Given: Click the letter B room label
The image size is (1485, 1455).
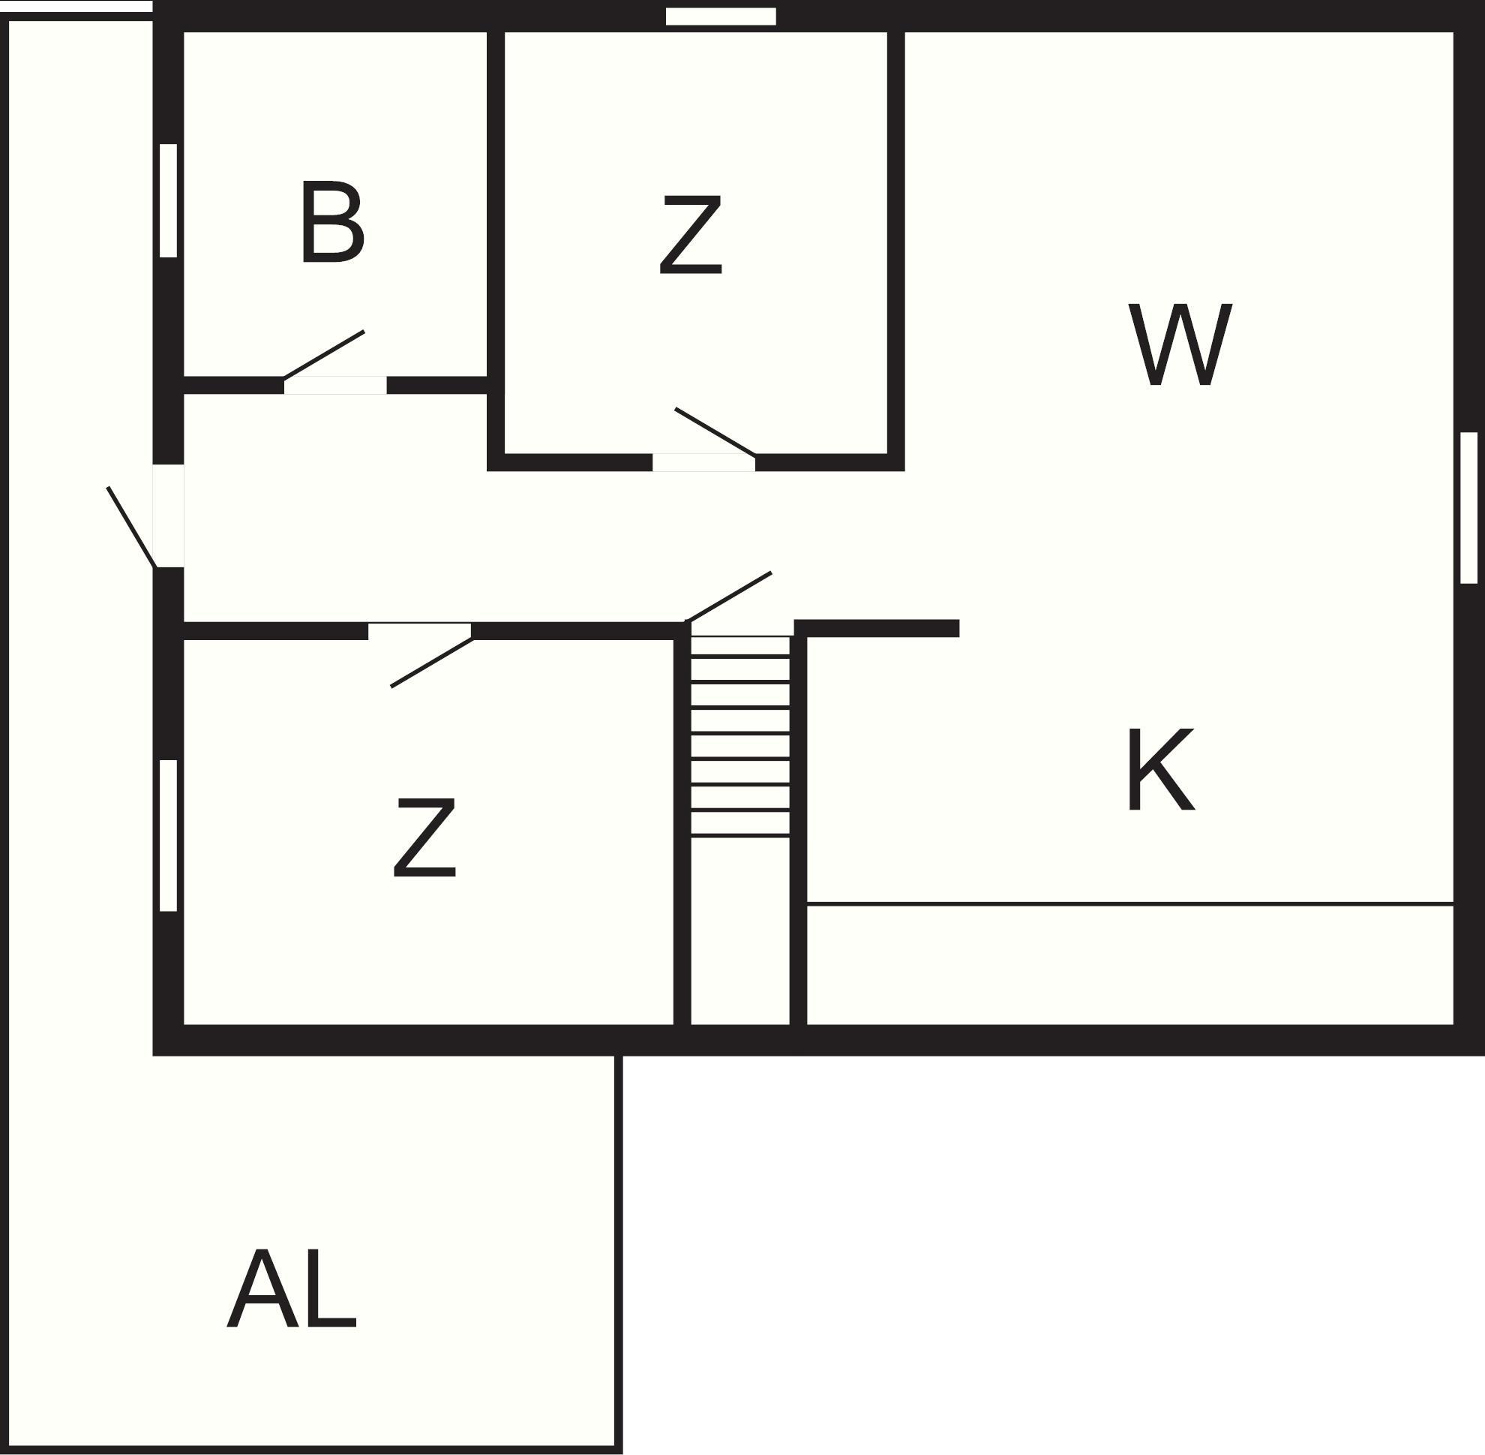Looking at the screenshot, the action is (331, 223).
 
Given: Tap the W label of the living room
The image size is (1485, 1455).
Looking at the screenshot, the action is (1180, 344).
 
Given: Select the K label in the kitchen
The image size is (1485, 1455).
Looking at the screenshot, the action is (1160, 770).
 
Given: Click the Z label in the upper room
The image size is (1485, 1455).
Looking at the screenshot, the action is (691, 236).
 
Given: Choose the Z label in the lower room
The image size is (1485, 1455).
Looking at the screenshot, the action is (424, 837).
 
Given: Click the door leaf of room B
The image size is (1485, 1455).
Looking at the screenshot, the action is (324, 355).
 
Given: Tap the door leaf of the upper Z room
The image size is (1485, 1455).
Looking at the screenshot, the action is (715, 432).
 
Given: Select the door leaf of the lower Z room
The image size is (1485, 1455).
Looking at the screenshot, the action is (432, 663).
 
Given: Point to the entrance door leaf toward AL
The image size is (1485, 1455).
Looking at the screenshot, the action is (131, 528).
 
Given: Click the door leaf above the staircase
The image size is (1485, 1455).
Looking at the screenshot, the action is (729, 597).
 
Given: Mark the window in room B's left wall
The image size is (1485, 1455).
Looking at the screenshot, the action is (168, 200).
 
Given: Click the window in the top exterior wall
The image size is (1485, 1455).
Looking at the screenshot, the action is (721, 17).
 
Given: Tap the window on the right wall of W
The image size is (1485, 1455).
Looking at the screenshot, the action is (1468, 507).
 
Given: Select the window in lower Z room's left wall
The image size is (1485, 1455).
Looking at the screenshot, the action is (168, 835).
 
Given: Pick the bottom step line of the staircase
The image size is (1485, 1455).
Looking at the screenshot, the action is (740, 836).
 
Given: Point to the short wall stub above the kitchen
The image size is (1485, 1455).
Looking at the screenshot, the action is (877, 628).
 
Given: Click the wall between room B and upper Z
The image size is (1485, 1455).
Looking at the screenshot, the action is (496, 212).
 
